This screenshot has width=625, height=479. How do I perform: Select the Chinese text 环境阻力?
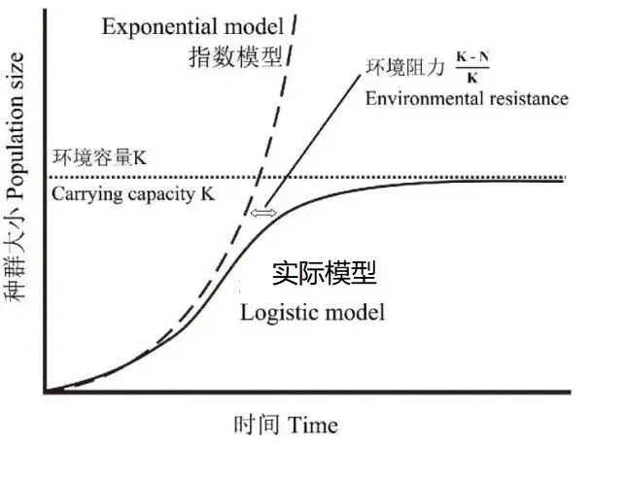(x=403, y=69)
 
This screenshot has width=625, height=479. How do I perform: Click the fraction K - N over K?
(x=473, y=69)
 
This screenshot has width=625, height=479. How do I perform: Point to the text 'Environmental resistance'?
(x=466, y=98)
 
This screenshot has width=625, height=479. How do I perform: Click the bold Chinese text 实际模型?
(x=324, y=274)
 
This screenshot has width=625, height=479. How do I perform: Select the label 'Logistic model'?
(x=312, y=313)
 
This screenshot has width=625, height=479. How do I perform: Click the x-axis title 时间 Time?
(x=286, y=426)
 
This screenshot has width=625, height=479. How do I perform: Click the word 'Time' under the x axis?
(x=312, y=426)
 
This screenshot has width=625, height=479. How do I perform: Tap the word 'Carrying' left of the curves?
(x=87, y=195)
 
